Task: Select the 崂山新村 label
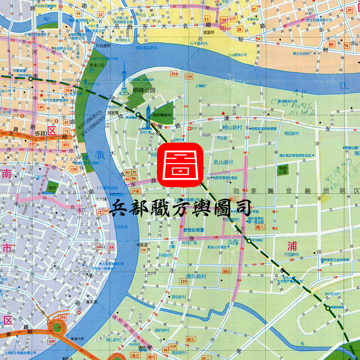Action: coord(232,127)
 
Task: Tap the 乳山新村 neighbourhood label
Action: coord(223,162)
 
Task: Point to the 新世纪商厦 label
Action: coord(194,230)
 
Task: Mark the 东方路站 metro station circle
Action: coord(248,241)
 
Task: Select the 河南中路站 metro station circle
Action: coord(30,79)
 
